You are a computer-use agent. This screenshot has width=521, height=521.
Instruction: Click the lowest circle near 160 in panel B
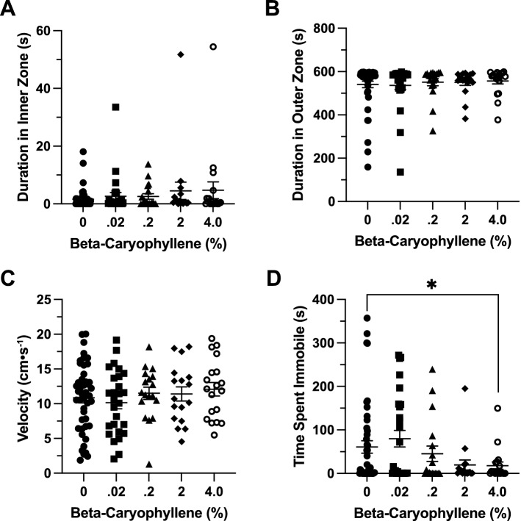pos(367,167)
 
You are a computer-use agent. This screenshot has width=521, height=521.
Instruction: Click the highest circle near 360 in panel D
pos(367,318)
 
